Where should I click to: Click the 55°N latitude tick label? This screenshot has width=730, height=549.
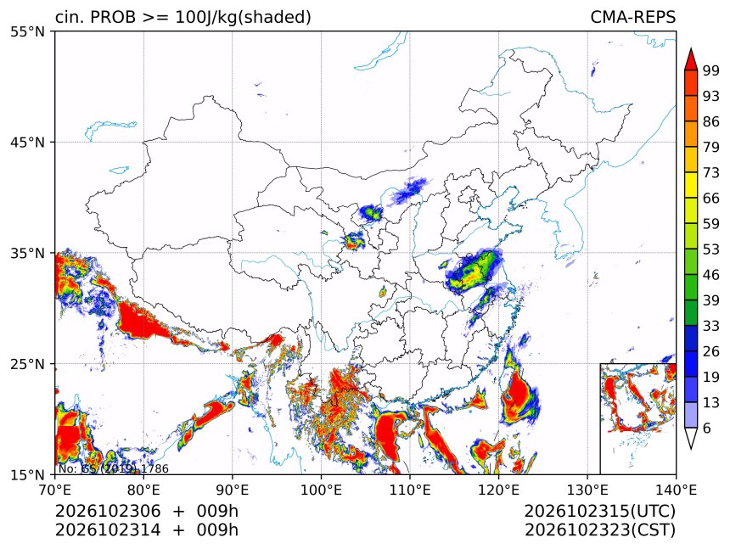click(27, 31)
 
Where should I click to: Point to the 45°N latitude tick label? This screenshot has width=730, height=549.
click(27, 143)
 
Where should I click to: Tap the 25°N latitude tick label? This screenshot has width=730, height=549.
click(27, 364)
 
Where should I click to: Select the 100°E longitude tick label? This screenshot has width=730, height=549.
click(321, 490)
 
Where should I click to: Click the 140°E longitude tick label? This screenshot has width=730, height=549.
click(676, 490)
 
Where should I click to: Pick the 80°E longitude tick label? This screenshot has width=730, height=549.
click(143, 490)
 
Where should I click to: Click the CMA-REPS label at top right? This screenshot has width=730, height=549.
click(632, 17)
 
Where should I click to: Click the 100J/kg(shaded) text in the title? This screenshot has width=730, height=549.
click(243, 18)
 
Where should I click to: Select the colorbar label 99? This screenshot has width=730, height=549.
click(711, 70)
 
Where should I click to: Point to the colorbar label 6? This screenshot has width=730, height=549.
click(707, 428)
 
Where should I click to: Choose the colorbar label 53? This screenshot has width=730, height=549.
click(711, 249)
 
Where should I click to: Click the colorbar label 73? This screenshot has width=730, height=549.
click(711, 173)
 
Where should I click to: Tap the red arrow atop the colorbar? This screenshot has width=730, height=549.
click(691, 59)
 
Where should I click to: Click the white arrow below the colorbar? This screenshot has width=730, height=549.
click(691, 439)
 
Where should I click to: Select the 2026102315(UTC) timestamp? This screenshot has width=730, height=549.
click(599, 512)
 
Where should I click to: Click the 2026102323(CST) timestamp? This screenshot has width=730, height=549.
click(599, 530)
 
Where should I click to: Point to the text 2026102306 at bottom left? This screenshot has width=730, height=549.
click(108, 512)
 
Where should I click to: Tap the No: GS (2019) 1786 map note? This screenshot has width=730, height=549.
click(113, 468)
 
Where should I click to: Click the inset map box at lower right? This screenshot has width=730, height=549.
click(601, 418)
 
